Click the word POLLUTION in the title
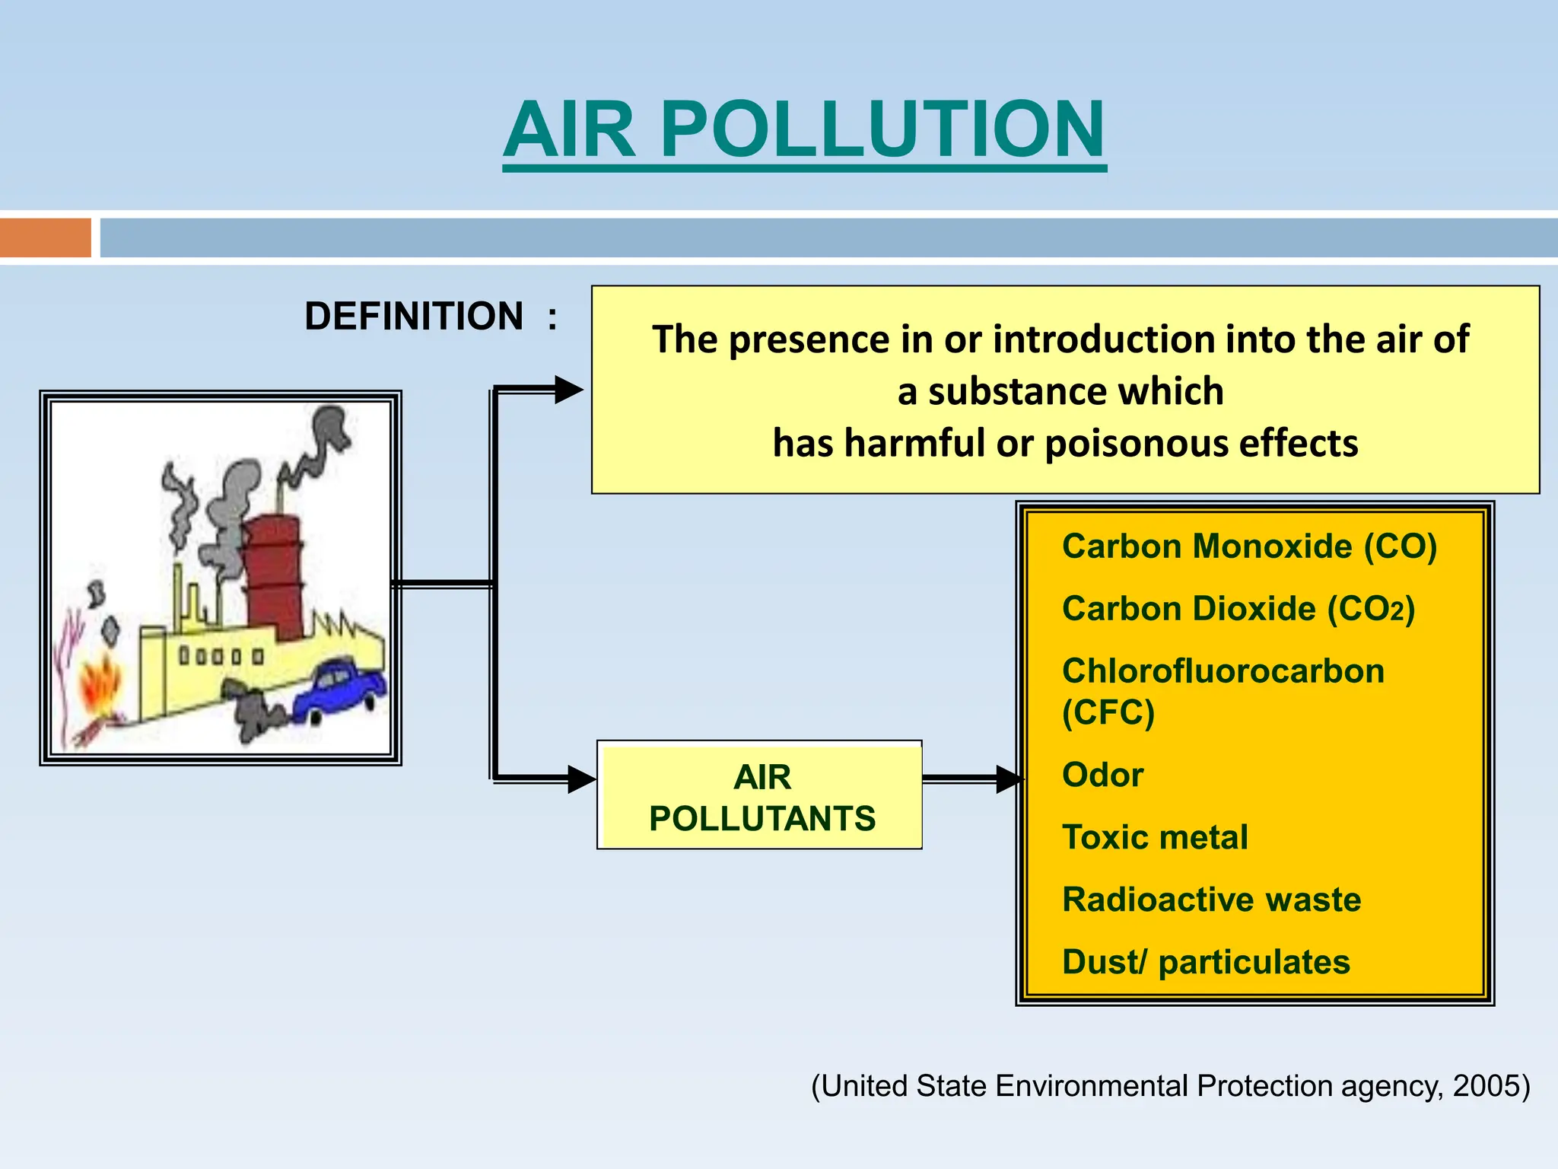click(x=882, y=131)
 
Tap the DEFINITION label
click(x=414, y=317)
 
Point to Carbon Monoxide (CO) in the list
click(x=1249, y=546)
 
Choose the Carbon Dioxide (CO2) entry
click(x=1238, y=609)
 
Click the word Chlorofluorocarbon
click(x=1223, y=671)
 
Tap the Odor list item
click(x=1102, y=775)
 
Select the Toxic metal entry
click(x=1155, y=837)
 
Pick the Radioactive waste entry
click(x=1211, y=900)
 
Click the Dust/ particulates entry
click(x=1206, y=962)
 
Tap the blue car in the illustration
click(x=339, y=691)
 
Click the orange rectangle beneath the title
click(x=45, y=237)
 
